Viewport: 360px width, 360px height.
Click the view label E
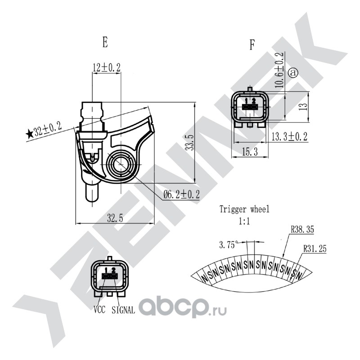tap(105, 42)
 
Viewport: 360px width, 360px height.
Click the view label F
tap(252, 45)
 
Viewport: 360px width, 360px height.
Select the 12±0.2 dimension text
tap(107, 67)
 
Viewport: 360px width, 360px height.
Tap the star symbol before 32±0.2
tap(29, 134)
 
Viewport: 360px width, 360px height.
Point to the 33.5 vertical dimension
tap(190, 143)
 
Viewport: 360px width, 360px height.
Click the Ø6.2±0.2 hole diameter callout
tap(181, 195)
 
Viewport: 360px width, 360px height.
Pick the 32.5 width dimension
tap(115, 218)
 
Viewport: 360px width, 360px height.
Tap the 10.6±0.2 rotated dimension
tap(279, 70)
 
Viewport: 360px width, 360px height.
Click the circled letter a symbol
tap(293, 73)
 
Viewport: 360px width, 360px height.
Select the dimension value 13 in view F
tap(304, 106)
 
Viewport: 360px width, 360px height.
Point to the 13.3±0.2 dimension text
tap(289, 137)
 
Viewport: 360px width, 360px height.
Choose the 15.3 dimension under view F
tap(250, 152)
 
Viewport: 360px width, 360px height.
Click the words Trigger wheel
tap(244, 209)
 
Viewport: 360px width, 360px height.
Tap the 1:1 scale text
tap(244, 221)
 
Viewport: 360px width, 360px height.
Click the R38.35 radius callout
tap(302, 229)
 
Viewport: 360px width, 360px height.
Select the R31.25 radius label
tap(315, 249)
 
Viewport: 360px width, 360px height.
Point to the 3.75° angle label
tap(228, 245)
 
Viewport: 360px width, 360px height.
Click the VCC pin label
tap(99, 310)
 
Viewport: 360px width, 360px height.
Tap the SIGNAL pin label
tap(123, 310)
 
